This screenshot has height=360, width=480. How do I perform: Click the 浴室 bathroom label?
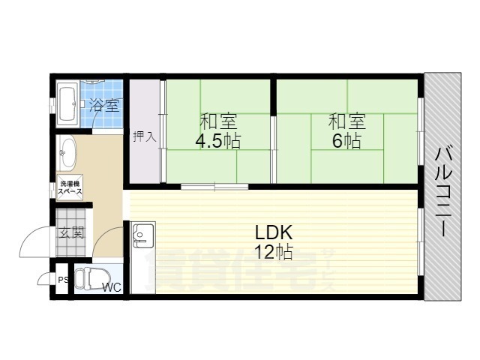104,105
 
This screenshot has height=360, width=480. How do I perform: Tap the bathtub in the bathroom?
67,104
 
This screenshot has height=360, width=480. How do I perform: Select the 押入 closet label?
145,136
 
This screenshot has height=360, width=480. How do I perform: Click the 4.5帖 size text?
218,141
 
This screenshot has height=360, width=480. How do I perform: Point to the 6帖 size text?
346,141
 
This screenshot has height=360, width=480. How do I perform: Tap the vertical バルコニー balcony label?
444,192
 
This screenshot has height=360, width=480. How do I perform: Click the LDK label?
274,233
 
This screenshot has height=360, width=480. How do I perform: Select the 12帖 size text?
274,252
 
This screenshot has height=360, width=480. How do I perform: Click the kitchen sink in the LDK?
143,235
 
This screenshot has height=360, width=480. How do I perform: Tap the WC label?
112,288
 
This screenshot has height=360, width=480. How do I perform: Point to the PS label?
63,280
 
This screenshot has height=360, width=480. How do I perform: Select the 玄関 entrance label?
71,233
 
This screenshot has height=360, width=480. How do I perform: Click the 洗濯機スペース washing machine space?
70,187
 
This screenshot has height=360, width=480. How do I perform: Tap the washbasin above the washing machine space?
67,153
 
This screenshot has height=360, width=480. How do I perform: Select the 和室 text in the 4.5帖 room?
218,121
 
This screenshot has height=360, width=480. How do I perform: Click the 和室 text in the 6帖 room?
346,121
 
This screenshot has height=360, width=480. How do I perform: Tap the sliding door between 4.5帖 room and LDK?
214,186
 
